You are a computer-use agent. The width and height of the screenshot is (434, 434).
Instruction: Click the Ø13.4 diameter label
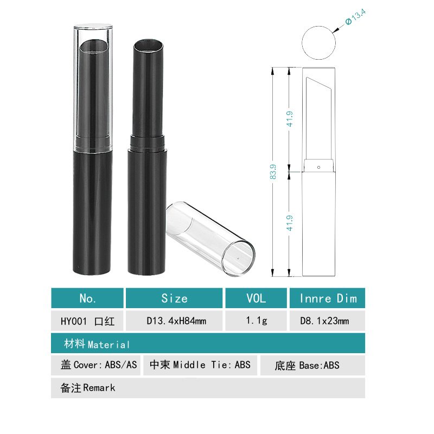point(356,17)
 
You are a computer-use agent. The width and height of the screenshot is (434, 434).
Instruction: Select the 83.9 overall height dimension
point(273,171)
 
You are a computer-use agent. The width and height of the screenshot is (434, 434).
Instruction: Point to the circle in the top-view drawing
point(318,43)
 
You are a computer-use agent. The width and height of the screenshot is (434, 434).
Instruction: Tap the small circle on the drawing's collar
point(318,167)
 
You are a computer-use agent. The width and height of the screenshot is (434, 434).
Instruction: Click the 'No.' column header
point(87,298)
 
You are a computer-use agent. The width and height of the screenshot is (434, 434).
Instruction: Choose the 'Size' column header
point(174,298)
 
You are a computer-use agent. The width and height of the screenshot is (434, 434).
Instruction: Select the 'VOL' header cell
point(256,298)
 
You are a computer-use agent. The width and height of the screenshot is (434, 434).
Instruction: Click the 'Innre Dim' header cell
point(328,298)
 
